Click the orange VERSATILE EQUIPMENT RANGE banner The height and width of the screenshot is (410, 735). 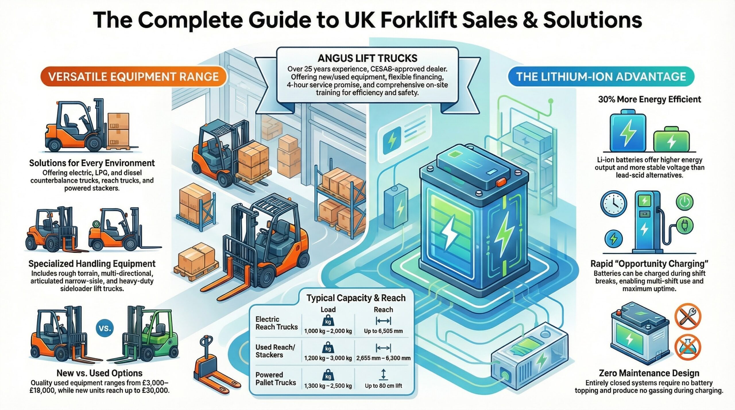134,77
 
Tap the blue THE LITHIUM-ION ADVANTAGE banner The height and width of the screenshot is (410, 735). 601,77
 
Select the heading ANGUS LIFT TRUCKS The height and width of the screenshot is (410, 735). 367,58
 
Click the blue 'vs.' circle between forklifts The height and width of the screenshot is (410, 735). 105,328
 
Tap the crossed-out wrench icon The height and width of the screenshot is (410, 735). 691,316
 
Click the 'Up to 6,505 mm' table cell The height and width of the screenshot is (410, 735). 383,331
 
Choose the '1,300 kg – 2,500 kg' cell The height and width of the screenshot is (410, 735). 328,386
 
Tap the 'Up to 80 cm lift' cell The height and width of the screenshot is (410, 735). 383,386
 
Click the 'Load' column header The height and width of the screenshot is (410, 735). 328,310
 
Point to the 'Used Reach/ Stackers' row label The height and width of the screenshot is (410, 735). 275,351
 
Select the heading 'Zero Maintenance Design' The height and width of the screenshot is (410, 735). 649,373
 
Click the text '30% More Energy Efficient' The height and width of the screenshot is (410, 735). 649,99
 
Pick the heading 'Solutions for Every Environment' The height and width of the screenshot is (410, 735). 92,163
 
